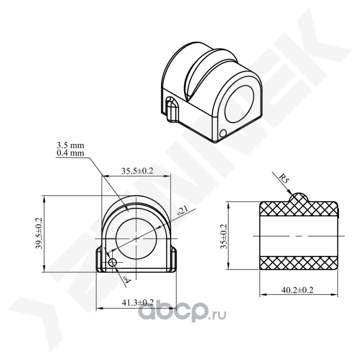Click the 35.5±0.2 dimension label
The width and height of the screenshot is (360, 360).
[137, 171]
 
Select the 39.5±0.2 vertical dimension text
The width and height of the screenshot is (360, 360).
[39, 233]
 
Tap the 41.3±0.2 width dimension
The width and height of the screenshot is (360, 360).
[138, 302]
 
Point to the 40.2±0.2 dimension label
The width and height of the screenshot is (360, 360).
[297, 290]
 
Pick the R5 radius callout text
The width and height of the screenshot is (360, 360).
[284, 178]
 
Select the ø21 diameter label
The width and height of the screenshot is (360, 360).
[183, 211]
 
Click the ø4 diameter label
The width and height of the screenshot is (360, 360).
[127, 280]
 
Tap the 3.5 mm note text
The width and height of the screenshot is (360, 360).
[70, 145]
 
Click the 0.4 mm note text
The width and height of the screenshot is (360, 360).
[70, 153]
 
